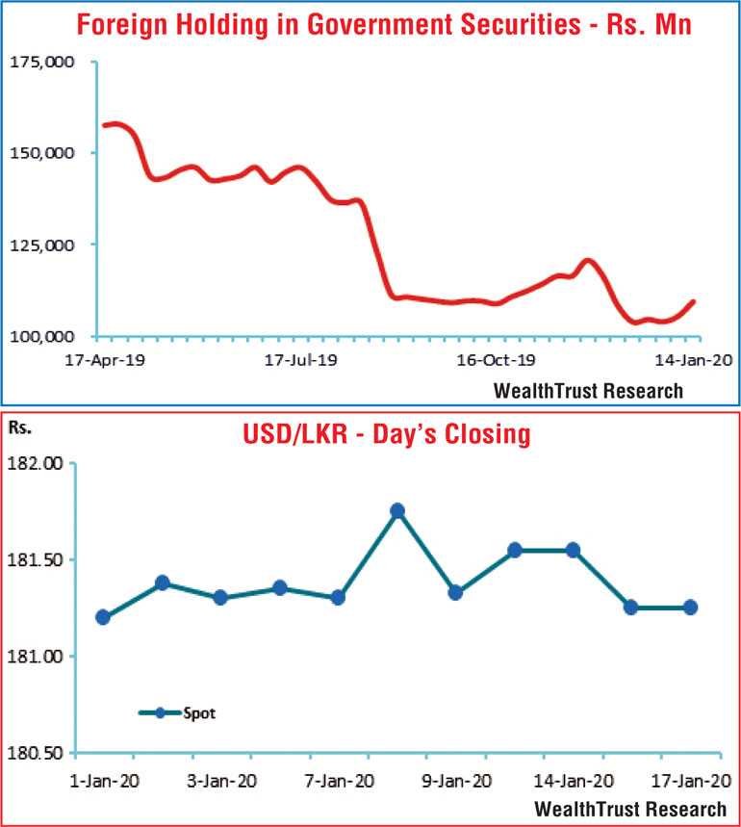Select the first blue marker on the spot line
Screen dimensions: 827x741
pyautogui.click(x=103, y=617)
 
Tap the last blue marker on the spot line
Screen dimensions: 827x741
pyautogui.click(x=690, y=607)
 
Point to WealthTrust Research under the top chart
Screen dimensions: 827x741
pyautogui.click(x=587, y=390)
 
